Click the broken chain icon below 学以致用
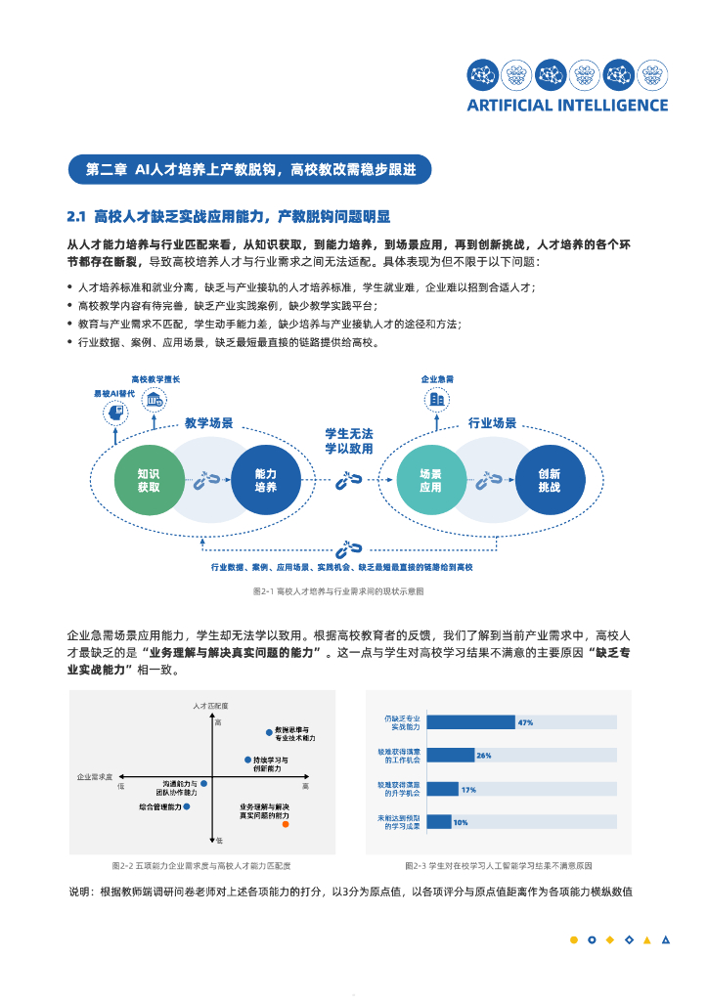(349, 479)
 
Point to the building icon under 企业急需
(437, 399)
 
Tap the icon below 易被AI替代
(114, 413)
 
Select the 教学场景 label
(209, 423)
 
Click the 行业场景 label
(492, 423)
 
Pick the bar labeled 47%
(471, 722)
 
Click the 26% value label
(483, 756)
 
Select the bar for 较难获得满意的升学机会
(443, 789)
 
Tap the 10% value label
(460, 822)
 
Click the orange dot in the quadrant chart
(286, 824)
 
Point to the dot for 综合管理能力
(186, 806)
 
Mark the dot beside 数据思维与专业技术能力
(269, 731)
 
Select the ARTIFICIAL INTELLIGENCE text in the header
(567, 106)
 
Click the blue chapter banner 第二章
(249, 169)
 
